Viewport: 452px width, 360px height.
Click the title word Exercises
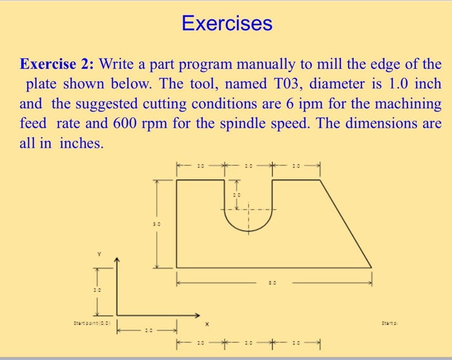(x=227, y=24)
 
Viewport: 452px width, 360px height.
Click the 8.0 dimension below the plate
(x=274, y=282)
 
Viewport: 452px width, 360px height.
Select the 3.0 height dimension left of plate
(x=156, y=224)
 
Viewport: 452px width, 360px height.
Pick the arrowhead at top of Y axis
(x=117, y=260)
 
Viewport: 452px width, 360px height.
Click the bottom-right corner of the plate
(x=371, y=267)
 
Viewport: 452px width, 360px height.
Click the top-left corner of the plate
(x=176, y=180)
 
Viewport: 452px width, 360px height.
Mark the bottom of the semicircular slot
(x=249, y=234)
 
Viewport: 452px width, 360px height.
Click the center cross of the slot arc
(x=249, y=209)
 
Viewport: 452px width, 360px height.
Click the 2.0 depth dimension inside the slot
(x=236, y=194)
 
